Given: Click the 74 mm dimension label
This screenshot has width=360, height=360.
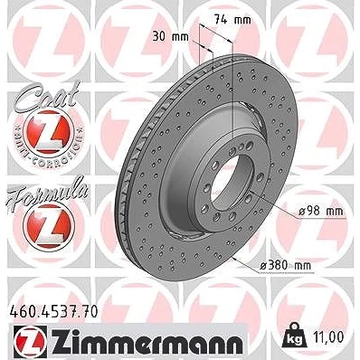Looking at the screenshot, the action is click(x=232, y=20).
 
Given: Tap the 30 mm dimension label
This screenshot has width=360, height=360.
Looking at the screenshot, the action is click(x=170, y=37).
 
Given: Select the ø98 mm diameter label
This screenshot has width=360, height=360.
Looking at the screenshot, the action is click(x=321, y=211).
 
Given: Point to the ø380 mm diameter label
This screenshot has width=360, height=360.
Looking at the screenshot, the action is click(x=285, y=266).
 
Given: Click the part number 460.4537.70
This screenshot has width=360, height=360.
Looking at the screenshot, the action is click(x=54, y=311).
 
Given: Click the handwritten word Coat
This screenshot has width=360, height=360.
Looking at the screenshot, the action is click(x=46, y=97).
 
